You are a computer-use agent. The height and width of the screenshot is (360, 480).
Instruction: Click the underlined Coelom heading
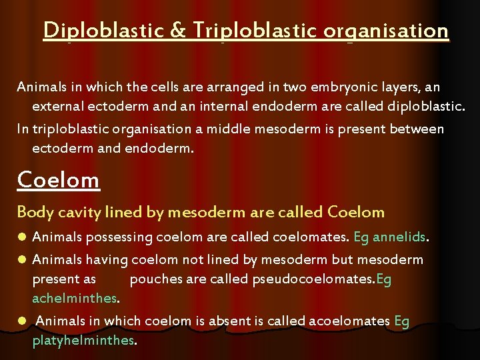58,179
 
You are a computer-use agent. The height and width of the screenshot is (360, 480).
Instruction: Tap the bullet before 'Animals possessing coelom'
22,237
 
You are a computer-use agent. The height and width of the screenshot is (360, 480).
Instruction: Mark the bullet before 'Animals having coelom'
22,259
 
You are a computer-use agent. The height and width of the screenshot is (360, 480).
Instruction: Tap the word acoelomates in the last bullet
349,321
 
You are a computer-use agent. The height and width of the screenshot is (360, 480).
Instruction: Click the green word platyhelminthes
83,341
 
